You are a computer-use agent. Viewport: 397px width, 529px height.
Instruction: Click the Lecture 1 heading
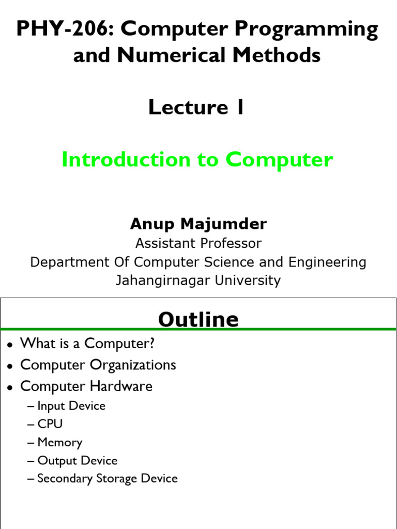point(196,107)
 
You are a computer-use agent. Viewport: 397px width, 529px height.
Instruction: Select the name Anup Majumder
point(198,224)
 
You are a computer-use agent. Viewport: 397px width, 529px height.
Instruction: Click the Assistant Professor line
point(198,243)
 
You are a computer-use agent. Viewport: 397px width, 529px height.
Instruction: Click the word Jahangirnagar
point(161,281)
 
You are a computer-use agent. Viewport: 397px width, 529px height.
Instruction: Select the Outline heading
point(198,320)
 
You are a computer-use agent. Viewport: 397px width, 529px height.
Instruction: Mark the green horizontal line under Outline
point(198,329)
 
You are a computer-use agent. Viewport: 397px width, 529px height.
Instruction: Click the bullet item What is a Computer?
point(87,343)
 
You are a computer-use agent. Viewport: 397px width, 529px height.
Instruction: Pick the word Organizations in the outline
point(133,365)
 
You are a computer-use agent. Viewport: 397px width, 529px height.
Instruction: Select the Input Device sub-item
point(71,406)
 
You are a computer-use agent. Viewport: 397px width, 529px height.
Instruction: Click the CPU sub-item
point(50,424)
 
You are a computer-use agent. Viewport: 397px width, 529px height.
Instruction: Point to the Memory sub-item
point(59,442)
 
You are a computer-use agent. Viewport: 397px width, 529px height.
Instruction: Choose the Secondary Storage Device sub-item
point(107,478)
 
